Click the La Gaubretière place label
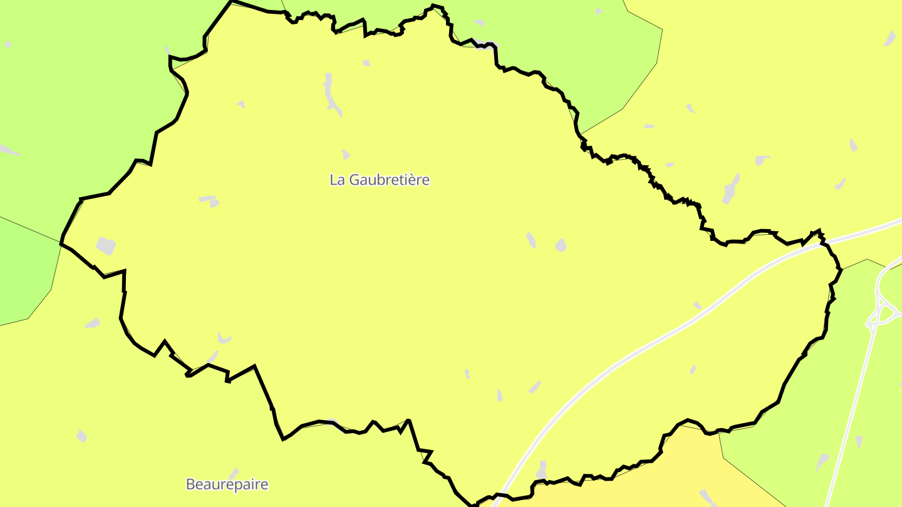click(x=380, y=180)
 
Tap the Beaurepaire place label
click(x=227, y=484)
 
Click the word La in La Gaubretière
click(x=337, y=180)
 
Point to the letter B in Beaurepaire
click(x=190, y=484)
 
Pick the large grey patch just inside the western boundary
click(x=105, y=245)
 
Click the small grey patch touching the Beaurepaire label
click(x=233, y=474)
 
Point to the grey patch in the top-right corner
click(x=889, y=39)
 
